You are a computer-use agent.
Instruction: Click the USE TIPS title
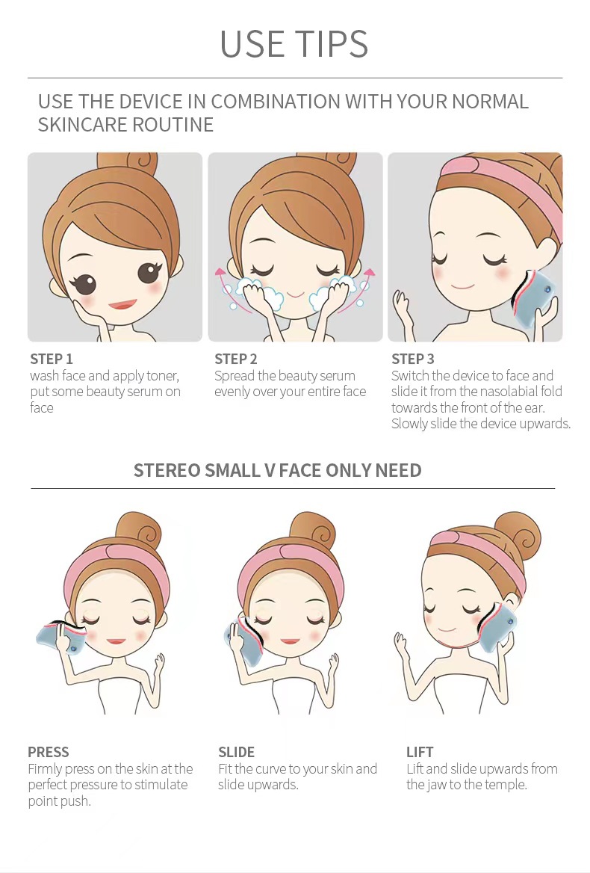[294, 43]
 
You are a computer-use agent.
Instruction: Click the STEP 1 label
[52, 359]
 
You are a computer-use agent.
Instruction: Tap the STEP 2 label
[236, 359]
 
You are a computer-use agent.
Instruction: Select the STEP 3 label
[412, 359]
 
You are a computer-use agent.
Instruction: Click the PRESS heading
[49, 752]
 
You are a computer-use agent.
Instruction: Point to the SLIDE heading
[236, 752]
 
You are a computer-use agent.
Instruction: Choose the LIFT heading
[420, 752]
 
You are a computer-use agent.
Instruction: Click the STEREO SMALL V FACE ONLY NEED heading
[278, 470]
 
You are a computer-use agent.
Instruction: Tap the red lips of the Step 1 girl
[122, 304]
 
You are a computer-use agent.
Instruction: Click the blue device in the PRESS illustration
[60, 638]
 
